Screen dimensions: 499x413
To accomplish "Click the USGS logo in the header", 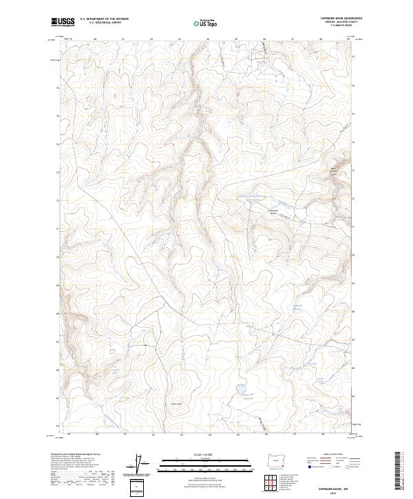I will click(x=63, y=22).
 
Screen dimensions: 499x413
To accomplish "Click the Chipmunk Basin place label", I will click(x=272, y=212).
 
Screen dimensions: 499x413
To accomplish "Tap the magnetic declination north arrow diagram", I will click(x=140, y=465).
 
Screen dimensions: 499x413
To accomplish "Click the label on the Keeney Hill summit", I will click(x=176, y=403).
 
